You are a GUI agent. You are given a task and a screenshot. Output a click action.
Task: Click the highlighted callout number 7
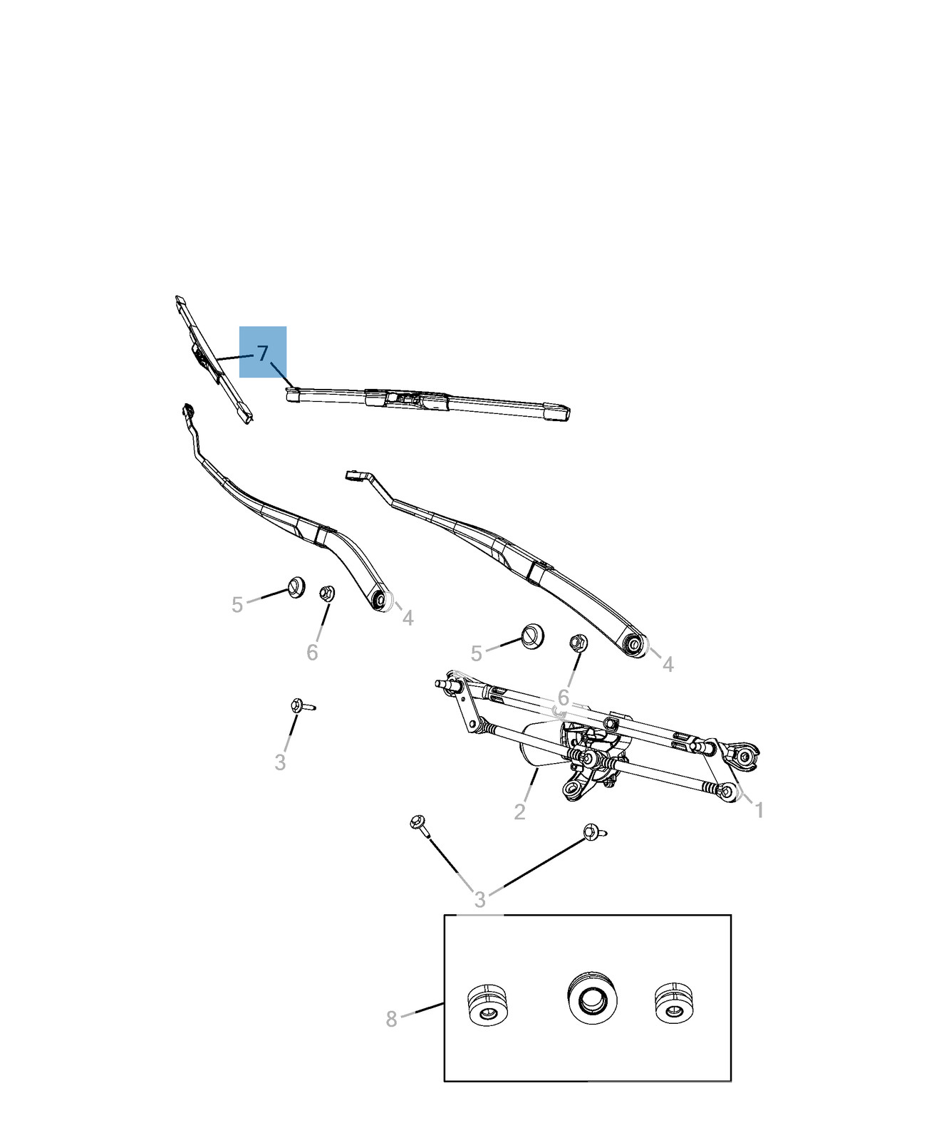(x=263, y=353)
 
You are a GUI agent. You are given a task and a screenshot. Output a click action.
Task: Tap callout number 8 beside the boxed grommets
(x=391, y=1019)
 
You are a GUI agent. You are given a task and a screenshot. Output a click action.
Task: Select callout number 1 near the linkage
(x=759, y=810)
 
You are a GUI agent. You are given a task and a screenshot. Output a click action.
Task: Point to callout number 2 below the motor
(x=519, y=812)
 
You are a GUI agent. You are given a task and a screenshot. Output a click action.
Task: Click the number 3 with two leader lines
(x=480, y=900)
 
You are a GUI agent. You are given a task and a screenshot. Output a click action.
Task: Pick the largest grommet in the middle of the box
(x=592, y=995)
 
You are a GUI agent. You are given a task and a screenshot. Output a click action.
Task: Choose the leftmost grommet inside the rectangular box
(x=487, y=1006)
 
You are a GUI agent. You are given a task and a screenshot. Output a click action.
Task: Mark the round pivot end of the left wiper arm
(x=381, y=600)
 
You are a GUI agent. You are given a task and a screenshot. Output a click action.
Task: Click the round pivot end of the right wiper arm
(x=634, y=645)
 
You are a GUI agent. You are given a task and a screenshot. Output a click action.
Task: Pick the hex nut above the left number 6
(x=327, y=593)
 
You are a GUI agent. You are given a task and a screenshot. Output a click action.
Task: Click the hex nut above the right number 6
(x=578, y=643)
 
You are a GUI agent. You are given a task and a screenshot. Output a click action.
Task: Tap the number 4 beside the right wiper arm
(x=668, y=665)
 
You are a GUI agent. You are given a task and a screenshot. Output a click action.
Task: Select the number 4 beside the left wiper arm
(x=408, y=618)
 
